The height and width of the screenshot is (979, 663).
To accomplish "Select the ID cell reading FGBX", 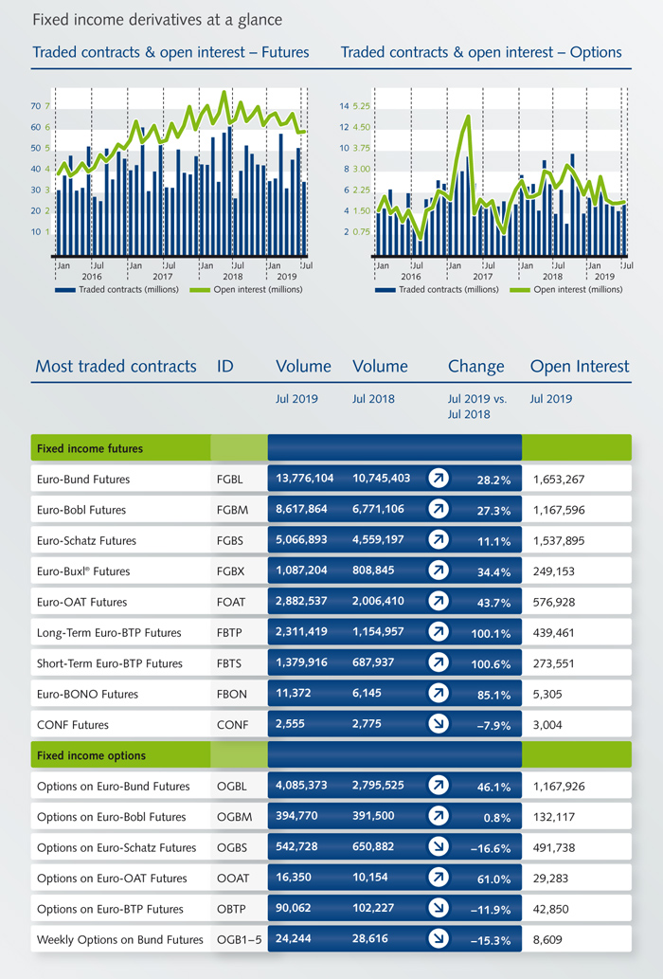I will (230, 571).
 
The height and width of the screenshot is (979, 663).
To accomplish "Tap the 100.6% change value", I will (489, 663).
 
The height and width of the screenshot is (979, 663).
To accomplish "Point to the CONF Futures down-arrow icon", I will (438, 725).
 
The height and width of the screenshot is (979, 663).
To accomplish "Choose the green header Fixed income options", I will (90, 755).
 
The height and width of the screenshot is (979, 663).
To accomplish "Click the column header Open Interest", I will (580, 366).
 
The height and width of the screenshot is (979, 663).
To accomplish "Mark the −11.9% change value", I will (491, 909).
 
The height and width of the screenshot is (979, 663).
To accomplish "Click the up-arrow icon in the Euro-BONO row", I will (438, 694).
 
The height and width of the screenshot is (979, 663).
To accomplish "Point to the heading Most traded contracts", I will (116, 366).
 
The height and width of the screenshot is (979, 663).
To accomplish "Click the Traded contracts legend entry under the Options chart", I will (428, 289).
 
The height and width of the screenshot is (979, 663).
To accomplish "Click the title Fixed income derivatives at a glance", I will (156, 20).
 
